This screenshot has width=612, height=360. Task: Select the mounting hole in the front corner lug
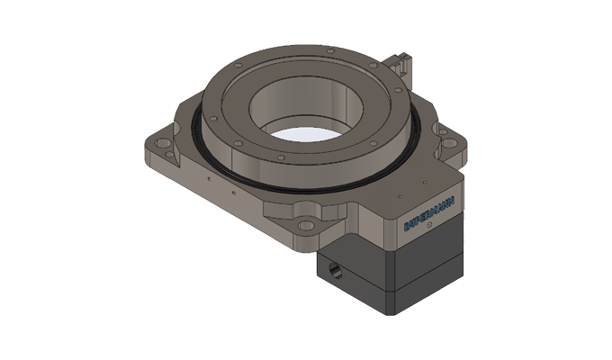[x=308, y=225]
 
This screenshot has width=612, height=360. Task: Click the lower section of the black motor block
[x=396, y=288]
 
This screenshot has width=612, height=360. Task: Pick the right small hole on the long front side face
[x=232, y=192]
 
